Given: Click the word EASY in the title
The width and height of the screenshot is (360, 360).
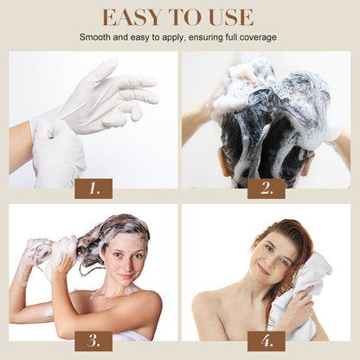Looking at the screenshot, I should pos(132,17).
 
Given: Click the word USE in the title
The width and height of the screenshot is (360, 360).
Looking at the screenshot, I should pos(230,17).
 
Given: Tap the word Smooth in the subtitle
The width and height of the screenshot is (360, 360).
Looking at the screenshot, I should pos(98,37).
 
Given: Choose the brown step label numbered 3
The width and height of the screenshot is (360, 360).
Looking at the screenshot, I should pos(93,340).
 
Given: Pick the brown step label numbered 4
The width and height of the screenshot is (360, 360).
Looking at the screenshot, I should pos(267,340).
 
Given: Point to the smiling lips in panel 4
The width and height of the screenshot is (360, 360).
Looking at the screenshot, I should pos(262,269).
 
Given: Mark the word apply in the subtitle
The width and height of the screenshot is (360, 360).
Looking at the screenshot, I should pos(167,37).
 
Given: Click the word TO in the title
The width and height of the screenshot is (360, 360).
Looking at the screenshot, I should pos(184,17).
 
